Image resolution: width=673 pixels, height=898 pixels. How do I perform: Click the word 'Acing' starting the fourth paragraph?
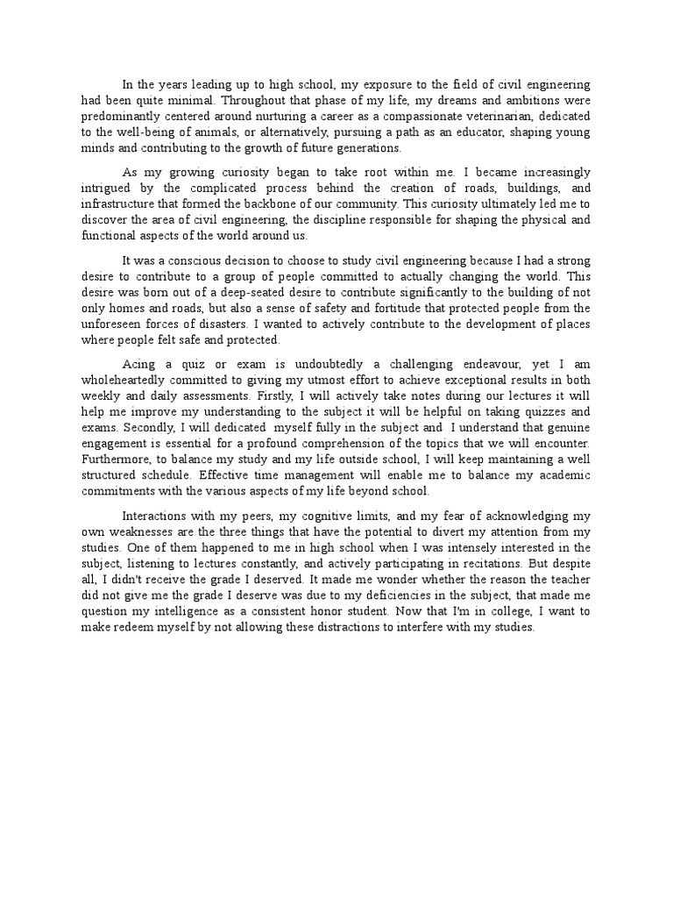[x=138, y=364]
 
